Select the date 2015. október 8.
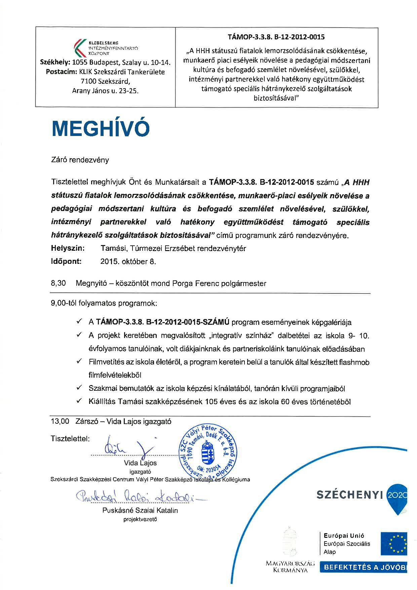[x=128, y=262]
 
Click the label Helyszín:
[x=68, y=248]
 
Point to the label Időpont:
[x=66, y=262]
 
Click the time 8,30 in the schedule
[x=58, y=283]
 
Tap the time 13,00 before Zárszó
[x=60, y=421]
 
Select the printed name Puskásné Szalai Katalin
[x=140, y=510]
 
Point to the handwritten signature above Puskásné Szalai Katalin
[x=135, y=496]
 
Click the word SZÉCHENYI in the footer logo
[x=350, y=494]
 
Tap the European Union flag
[x=393, y=544]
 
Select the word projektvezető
[x=140, y=519]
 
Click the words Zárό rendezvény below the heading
[x=80, y=160]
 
